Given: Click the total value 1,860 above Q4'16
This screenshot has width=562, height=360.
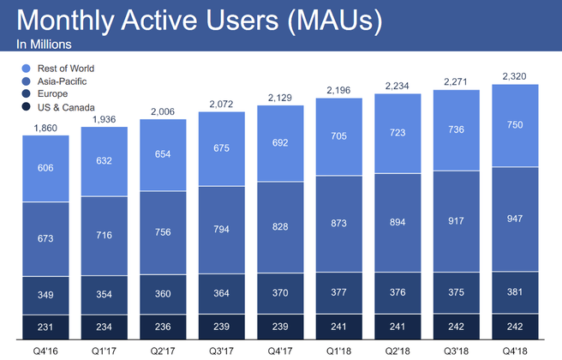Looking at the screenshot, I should point(45,128).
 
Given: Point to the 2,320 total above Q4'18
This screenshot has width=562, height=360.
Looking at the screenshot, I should point(515,75).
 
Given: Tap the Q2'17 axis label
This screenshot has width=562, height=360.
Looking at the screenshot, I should point(163,350).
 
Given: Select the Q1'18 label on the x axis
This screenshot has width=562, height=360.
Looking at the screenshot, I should point(338,350).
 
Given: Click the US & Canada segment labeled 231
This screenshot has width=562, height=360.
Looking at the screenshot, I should point(45,326).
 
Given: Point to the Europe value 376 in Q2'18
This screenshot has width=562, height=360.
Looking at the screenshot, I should point(398,293).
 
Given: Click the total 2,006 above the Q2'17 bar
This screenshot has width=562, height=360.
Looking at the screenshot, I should point(163,111).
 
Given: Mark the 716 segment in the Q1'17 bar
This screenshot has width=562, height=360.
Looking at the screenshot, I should point(105,234).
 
